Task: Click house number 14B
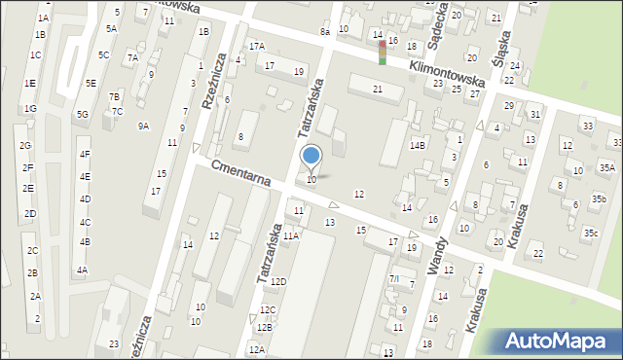(418, 145)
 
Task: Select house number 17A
(256, 47)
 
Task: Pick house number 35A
(606, 168)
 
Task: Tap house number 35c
(591, 233)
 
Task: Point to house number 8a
(325, 32)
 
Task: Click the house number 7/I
(394, 279)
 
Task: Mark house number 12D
(278, 281)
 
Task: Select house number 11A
(290, 235)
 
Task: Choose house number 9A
(143, 126)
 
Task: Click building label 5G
(83, 115)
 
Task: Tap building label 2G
(25, 146)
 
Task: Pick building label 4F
(85, 154)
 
